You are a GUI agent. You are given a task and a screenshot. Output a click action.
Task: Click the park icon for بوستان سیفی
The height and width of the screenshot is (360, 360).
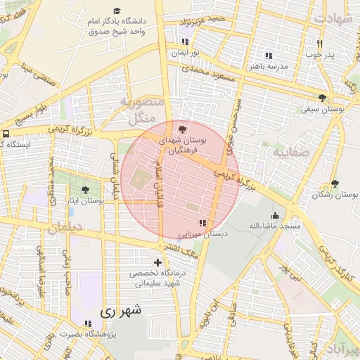(323, 98)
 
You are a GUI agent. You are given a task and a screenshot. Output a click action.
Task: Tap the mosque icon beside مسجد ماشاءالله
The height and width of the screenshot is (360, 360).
(274, 215)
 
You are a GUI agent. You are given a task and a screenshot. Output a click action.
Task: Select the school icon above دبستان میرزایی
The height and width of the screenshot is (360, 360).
(203, 223)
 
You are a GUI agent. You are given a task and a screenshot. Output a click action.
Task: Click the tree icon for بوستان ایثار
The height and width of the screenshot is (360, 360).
(85, 190)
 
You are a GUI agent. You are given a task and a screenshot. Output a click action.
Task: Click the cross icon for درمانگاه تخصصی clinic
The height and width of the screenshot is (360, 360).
(157, 262)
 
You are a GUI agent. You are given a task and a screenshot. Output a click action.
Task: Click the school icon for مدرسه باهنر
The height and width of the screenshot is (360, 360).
(267, 55)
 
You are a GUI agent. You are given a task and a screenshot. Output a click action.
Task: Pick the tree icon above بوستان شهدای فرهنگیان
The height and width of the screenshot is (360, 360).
(183, 129)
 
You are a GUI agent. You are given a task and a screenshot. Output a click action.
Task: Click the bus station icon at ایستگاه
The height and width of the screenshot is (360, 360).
(6, 134)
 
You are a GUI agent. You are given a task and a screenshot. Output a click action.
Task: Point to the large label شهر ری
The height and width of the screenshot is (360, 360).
(121, 309)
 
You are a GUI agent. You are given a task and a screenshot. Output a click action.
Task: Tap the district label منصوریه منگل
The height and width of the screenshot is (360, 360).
(142, 110)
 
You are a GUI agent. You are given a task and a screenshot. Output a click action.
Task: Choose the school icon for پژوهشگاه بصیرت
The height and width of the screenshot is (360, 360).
(87, 324)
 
